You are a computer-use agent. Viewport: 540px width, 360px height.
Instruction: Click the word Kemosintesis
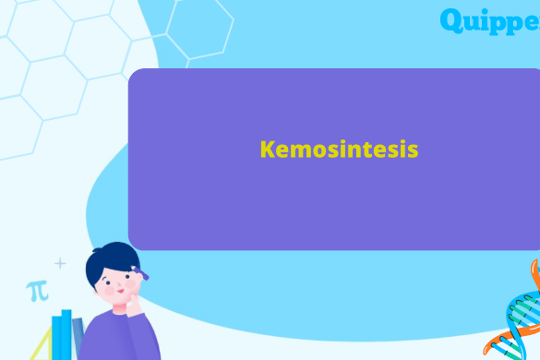tap(339, 150)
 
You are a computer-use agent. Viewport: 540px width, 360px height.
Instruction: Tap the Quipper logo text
tap(489, 20)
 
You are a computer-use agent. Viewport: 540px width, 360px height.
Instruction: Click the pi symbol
tap(37, 292)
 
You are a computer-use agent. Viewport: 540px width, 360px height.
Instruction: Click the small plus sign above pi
tap(60, 264)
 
